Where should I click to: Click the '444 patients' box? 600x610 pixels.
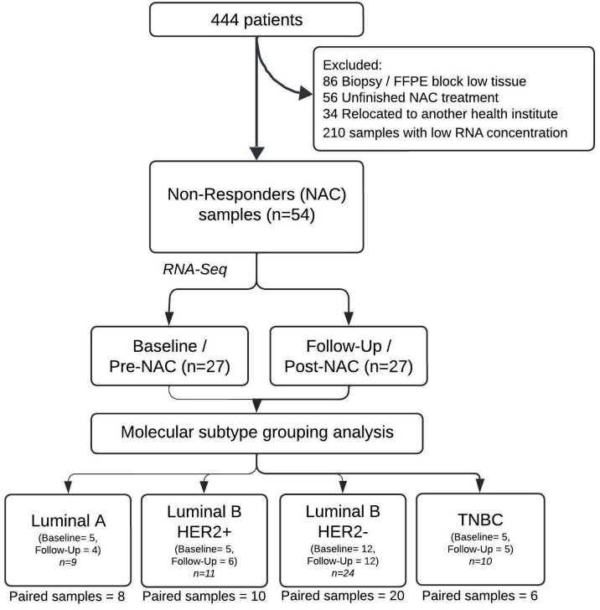(256, 19)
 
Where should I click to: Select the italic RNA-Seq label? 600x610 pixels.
(194, 269)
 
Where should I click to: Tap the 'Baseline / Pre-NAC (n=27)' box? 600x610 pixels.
(169, 356)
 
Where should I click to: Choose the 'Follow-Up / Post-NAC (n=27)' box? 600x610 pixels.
(349, 356)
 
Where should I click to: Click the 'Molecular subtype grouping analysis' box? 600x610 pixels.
(256, 433)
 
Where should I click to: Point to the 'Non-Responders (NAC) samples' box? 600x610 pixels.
(256, 207)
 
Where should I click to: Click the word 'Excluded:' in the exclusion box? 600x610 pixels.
(353, 65)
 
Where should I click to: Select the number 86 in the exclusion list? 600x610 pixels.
(330, 81)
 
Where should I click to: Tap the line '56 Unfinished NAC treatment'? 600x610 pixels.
(411, 97)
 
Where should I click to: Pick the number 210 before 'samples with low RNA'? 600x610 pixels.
(334, 133)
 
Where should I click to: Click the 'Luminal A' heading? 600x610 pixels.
(69, 520)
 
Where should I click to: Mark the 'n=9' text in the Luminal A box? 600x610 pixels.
(68, 561)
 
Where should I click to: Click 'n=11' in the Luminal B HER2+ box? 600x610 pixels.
(204, 573)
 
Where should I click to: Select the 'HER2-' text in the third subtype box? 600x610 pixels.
(343, 531)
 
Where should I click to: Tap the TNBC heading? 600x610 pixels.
(480, 520)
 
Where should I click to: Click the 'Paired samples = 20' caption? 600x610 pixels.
(343, 596)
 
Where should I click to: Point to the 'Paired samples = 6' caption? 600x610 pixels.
(480, 596)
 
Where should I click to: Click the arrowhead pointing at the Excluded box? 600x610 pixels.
(306, 93)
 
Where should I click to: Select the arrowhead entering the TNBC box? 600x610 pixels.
(480, 486)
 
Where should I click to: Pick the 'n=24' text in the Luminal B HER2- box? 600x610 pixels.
(343, 572)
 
